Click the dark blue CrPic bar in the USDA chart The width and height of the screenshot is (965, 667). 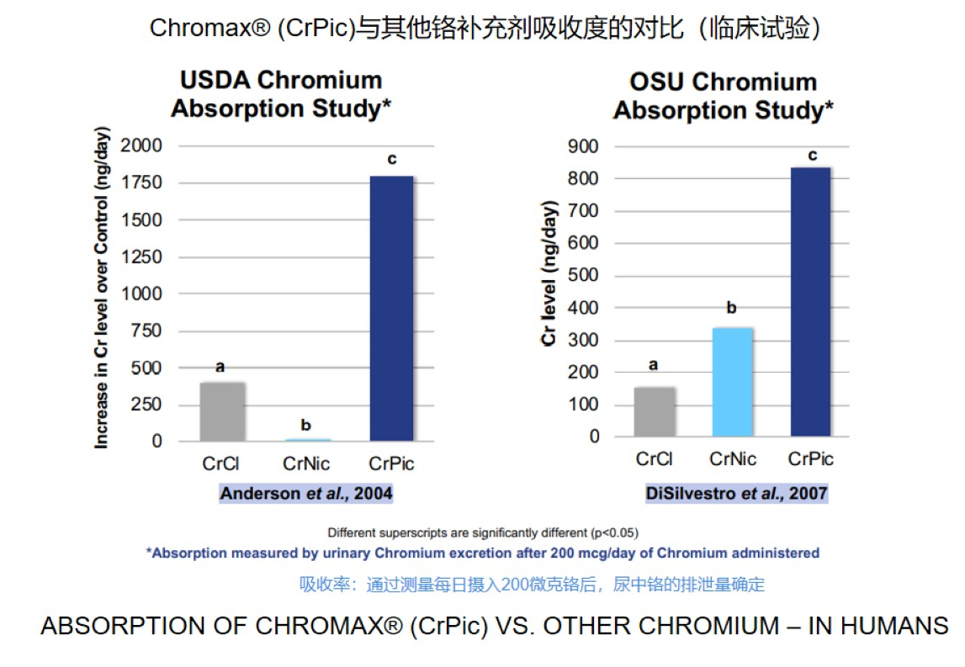(391, 309)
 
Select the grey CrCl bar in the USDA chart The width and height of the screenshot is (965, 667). (222, 412)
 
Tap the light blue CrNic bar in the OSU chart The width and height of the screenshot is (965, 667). (732, 382)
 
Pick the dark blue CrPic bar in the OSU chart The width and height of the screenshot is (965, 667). (810, 302)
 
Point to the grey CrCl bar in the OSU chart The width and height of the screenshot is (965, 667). (654, 412)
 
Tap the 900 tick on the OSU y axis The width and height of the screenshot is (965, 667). (582, 147)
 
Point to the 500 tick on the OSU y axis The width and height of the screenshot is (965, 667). (582, 276)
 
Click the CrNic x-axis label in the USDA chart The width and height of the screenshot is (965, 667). (306, 464)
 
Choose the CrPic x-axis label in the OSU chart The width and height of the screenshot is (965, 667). (811, 459)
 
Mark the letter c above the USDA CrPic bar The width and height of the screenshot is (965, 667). (391, 159)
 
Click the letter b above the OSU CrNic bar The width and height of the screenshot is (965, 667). (731, 309)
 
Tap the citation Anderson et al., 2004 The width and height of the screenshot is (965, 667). (306, 494)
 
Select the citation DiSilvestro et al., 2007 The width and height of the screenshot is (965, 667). (736, 494)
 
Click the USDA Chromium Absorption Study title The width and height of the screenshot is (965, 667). (281, 94)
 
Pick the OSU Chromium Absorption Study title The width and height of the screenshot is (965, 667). (724, 96)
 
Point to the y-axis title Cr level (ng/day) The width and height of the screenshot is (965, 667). (549, 273)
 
